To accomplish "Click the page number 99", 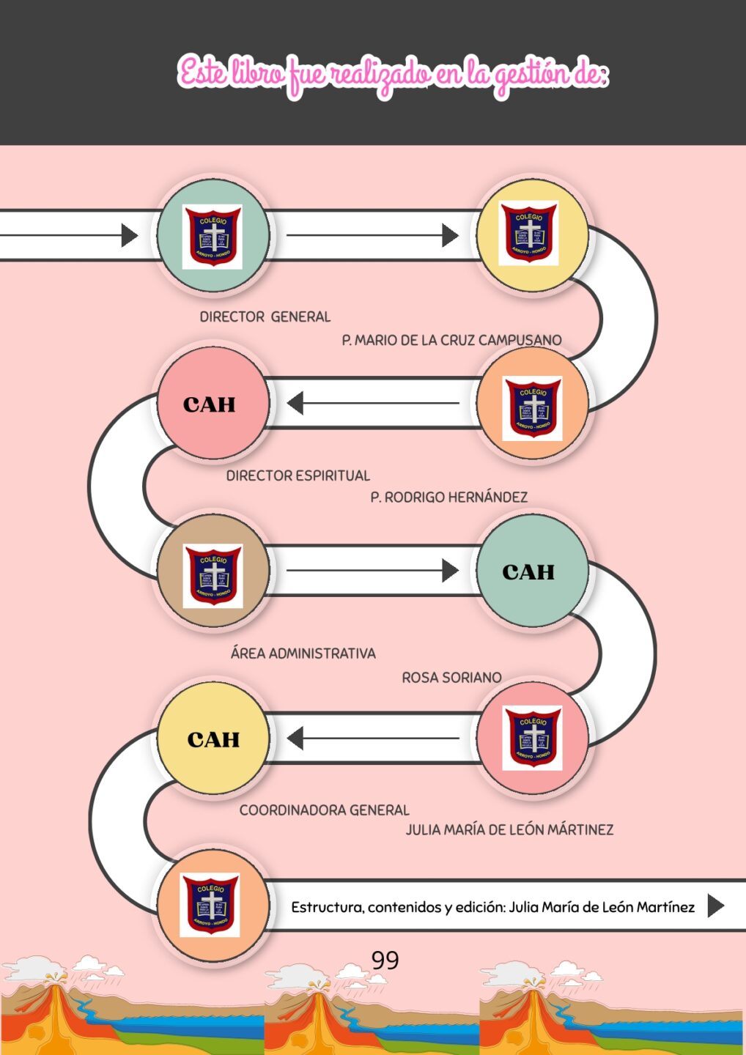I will [x=385, y=960].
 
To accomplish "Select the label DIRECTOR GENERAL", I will [x=265, y=316].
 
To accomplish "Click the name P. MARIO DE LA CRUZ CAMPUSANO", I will [x=451, y=340].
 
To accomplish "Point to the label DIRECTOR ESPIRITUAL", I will [x=298, y=475].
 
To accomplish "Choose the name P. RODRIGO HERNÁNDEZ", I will [x=448, y=497].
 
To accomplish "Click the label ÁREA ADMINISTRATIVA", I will [x=303, y=653].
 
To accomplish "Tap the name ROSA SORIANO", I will [x=451, y=678].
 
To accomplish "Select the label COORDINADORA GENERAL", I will [x=324, y=810].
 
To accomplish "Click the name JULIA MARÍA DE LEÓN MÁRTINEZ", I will [x=509, y=829].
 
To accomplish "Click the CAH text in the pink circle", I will [x=210, y=404].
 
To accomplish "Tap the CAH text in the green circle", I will [x=528, y=571].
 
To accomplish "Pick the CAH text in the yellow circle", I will [x=213, y=739].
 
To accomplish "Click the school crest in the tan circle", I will [x=213, y=575].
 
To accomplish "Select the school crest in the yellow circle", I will [x=528, y=233].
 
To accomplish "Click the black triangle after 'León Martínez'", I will [x=715, y=906].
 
